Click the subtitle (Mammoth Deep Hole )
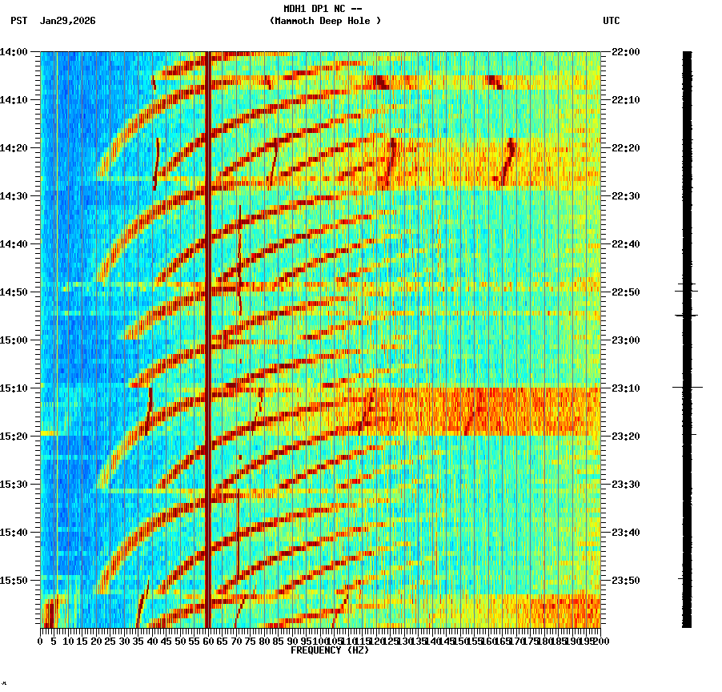pyautogui.click(x=325, y=21)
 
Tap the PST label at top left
pyautogui.click(x=18, y=21)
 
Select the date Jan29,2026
pyautogui.click(x=67, y=21)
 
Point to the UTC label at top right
pyautogui.click(x=611, y=21)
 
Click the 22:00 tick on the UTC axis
pyautogui.click(x=626, y=52)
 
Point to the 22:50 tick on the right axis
pyautogui.click(x=626, y=292)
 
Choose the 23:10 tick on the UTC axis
pyautogui.click(x=626, y=388)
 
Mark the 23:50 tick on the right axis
pyautogui.click(x=626, y=581)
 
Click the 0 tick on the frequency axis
pyautogui.click(x=41, y=641)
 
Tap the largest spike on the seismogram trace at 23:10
pyautogui.click(x=688, y=388)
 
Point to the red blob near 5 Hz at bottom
pyautogui.click(x=50, y=614)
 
